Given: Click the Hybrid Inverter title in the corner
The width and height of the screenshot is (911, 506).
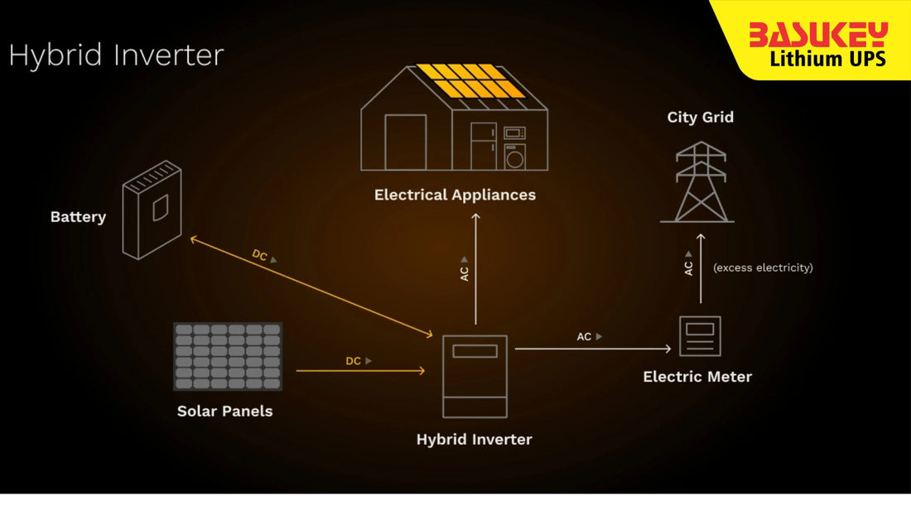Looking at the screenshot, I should click(x=116, y=55).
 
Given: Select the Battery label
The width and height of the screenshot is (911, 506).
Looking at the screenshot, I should click(x=78, y=217).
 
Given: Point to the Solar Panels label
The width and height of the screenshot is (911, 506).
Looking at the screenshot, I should click(x=224, y=411).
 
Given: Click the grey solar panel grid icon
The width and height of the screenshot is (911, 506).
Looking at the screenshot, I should click(x=228, y=356).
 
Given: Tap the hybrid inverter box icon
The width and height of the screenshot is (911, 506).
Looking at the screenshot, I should click(x=475, y=377).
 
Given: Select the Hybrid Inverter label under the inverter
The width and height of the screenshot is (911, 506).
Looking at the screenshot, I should click(x=474, y=439).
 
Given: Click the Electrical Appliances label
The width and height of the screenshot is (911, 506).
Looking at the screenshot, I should click(x=455, y=195).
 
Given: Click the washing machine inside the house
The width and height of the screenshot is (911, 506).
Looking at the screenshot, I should click(x=514, y=157).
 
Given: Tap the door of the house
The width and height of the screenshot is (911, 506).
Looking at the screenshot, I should click(x=405, y=142).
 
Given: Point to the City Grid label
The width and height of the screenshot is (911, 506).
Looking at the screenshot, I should click(x=701, y=117).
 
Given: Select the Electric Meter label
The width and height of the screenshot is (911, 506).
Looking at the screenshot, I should click(x=697, y=377).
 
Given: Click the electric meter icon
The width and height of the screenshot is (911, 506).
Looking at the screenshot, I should click(x=700, y=335).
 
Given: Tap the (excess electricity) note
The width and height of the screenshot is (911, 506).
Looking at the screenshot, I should click(x=763, y=267).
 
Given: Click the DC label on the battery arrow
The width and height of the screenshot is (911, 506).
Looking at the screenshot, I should click(x=260, y=256).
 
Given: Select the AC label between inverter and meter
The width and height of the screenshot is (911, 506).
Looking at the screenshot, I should click(x=585, y=336).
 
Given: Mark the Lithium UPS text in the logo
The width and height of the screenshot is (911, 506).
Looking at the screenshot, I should click(x=827, y=59).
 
